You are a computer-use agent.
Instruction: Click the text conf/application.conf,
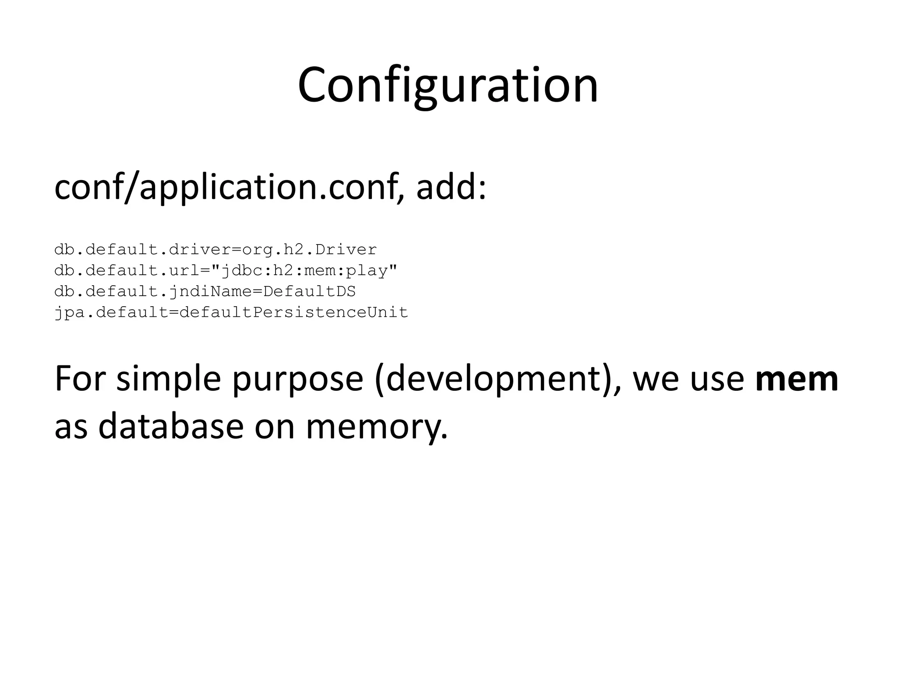click(x=229, y=187)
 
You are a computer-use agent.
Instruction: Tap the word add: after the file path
click(x=451, y=187)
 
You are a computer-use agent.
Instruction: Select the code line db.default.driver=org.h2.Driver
click(x=215, y=250)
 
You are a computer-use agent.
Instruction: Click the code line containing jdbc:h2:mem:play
click(x=226, y=271)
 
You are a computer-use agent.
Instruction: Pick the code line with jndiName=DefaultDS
click(x=205, y=291)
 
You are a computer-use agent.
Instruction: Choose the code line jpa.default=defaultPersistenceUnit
click(x=231, y=312)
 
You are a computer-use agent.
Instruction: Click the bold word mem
click(x=797, y=379)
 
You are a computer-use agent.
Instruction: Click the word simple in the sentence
click(x=169, y=379)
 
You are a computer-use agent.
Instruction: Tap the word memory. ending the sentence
click(x=377, y=427)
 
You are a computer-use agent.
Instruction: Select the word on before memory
click(x=275, y=427)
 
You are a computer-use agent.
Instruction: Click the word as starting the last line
click(x=71, y=427)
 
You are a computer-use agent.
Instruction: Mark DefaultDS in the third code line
click(x=310, y=291)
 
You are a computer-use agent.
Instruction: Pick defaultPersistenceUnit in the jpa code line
click(x=293, y=312)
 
